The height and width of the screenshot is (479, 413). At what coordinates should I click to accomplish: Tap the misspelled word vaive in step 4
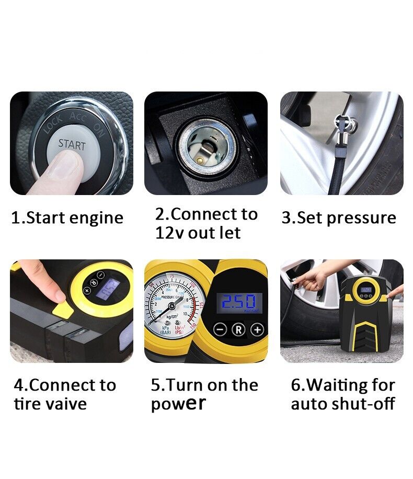click(x=65, y=404)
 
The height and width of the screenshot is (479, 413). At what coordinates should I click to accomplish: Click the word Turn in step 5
click(x=189, y=385)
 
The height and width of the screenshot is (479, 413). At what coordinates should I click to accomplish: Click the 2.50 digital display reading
click(x=238, y=302)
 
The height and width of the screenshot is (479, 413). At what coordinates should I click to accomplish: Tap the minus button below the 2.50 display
click(x=220, y=330)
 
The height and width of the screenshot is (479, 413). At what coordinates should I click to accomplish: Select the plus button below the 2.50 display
click(x=256, y=330)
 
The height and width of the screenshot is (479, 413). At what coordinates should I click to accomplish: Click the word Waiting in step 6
click(x=330, y=385)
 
